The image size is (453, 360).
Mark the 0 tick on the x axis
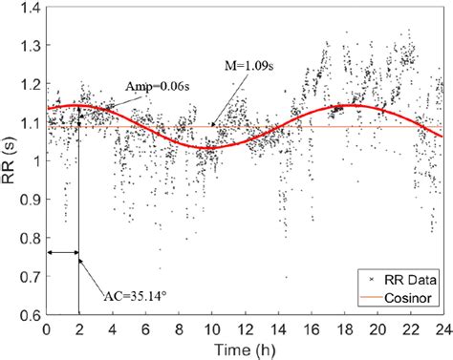[x=47, y=328]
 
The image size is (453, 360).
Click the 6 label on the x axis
[x=145, y=328]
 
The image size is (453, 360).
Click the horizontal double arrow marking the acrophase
[x=62, y=253]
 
